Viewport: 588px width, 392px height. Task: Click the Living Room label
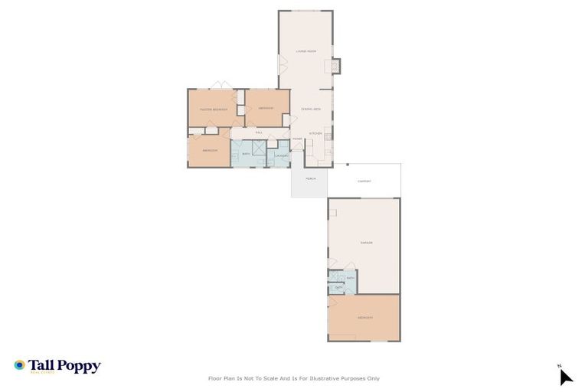pyautogui.click(x=306, y=51)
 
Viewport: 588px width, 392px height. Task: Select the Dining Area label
pyautogui.click(x=310, y=109)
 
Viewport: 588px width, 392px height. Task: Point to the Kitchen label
pyautogui.click(x=315, y=134)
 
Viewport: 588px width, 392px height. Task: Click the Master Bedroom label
pyautogui.click(x=213, y=109)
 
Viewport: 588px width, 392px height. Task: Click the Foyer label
pyautogui.click(x=297, y=139)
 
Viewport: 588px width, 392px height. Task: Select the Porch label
pyautogui.click(x=310, y=178)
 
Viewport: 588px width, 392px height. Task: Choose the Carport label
pyautogui.click(x=364, y=181)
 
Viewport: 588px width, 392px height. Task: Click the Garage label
pyautogui.click(x=366, y=243)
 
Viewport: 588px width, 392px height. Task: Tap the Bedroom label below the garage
pyautogui.click(x=364, y=318)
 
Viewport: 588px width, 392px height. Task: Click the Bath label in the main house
pyautogui.click(x=246, y=154)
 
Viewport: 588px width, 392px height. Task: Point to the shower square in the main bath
pyautogui.click(x=259, y=147)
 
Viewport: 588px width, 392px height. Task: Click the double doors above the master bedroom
pyautogui.click(x=220, y=85)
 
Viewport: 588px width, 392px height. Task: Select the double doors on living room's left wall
pyautogui.click(x=281, y=66)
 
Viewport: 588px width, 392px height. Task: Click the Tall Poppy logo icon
pyautogui.click(x=19, y=365)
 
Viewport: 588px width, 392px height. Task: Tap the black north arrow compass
pyautogui.click(x=565, y=376)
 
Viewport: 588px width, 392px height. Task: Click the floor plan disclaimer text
pyautogui.click(x=294, y=378)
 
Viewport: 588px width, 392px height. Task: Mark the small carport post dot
pyautogui.click(x=347, y=164)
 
